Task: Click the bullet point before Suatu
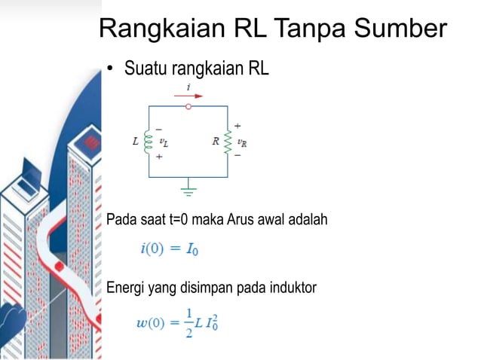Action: point(109,70)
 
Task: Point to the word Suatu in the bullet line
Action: point(147,69)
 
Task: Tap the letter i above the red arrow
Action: point(188,87)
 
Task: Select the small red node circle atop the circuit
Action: point(188,106)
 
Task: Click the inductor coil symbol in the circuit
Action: point(149,141)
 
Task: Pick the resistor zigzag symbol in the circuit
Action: point(227,141)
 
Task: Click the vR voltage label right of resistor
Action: point(241,141)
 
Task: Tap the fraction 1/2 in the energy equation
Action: point(189,324)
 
